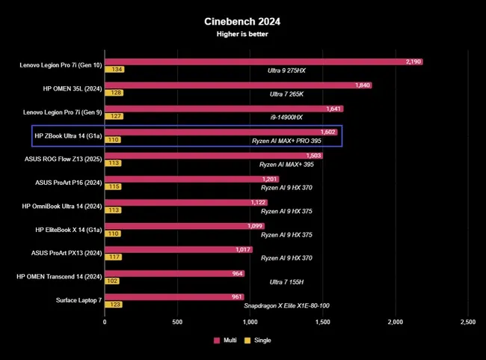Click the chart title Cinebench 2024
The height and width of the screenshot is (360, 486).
point(242,22)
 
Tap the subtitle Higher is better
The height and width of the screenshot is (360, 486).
point(242,34)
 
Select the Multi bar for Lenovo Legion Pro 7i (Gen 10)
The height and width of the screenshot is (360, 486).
point(263,61)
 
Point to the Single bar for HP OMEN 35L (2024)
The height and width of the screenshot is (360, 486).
point(114,93)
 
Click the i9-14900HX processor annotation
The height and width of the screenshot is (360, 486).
point(285,117)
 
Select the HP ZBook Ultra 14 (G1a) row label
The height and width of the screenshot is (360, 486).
point(67,135)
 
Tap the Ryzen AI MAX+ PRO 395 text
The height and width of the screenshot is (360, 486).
point(291,140)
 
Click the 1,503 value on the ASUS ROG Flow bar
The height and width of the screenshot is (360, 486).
point(313,156)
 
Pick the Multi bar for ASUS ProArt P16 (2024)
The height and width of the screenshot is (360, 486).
point(191,179)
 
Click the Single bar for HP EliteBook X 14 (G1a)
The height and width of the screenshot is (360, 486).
point(113,234)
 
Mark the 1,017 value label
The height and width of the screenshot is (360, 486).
point(243,249)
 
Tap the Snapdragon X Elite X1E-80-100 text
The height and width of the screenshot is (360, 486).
point(286,305)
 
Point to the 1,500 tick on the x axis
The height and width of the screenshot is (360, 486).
point(323,322)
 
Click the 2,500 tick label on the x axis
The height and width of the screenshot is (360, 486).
point(467,322)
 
